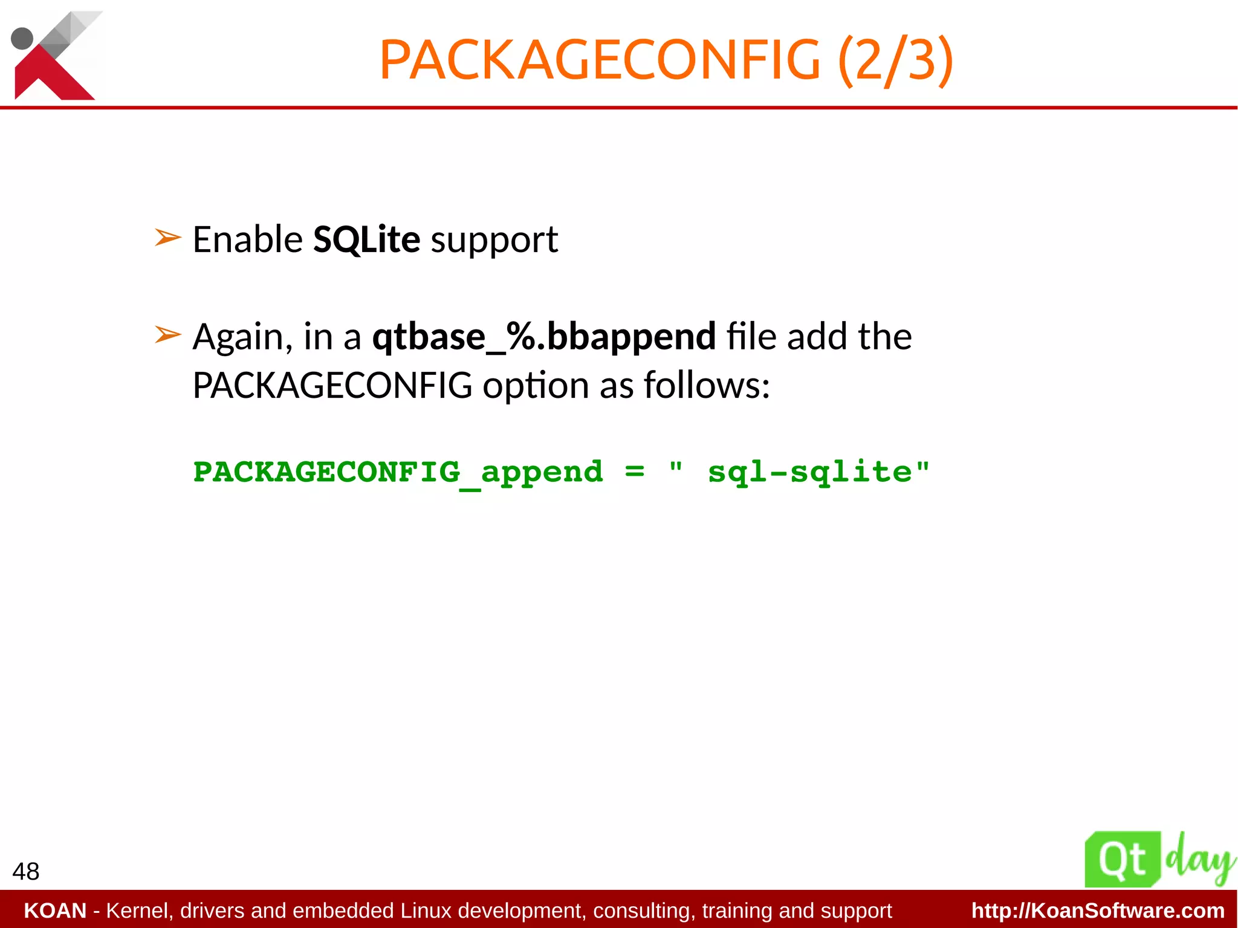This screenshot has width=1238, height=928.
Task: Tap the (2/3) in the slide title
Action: (x=895, y=60)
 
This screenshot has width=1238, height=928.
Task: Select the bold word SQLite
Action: (x=366, y=239)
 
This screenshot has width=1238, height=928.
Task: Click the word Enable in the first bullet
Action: (x=247, y=239)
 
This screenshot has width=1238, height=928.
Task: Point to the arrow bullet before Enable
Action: (x=167, y=238)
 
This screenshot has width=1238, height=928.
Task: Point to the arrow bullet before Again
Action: (x=167, y=334)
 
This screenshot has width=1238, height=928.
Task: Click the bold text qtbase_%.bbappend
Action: (x=543, y=337)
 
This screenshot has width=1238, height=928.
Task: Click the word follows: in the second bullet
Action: (x=707, y=385)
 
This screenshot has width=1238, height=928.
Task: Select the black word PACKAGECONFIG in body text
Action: (x=332, y=385)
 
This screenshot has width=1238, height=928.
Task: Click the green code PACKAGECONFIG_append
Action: (x=398, y=472)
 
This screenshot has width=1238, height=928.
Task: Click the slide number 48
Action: (x=26, y=871)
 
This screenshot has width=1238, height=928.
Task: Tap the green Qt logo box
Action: (x=1122, y=860)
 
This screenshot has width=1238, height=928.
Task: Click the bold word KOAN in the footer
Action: (x=55, y=910)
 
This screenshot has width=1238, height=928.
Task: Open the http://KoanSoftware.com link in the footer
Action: (x=1098, y=910)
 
